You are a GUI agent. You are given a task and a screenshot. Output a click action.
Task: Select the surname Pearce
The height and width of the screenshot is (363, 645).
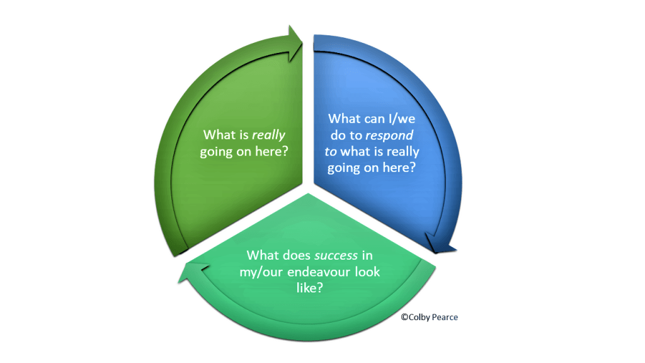[445, 317]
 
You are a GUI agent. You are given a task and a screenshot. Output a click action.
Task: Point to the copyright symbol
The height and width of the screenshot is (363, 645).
[404, 317]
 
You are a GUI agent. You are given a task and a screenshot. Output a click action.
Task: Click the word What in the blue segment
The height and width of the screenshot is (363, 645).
[345, 118]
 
